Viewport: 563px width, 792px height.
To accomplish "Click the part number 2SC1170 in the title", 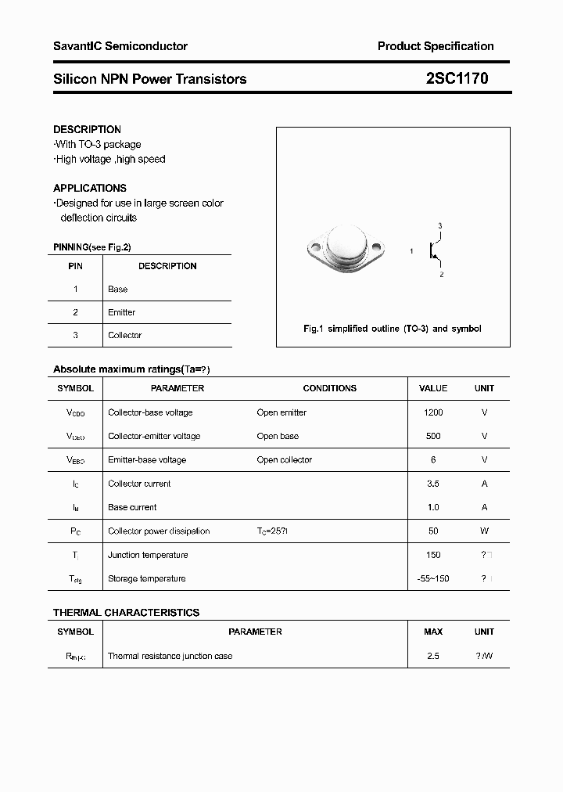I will point(457,78).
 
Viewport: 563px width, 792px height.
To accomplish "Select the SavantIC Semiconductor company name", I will point(120,46).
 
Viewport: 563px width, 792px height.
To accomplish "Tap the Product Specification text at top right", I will point(436,46).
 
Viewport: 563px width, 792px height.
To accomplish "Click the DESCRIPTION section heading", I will point(87,129).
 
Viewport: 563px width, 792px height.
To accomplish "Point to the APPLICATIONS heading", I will point(90,188).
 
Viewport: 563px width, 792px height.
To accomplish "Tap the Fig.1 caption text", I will point(393,329).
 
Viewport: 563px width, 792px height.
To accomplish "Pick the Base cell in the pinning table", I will point(118,289).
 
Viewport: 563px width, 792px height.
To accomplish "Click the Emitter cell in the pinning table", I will point(122,312).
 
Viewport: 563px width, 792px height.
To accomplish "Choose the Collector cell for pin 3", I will point(125,335).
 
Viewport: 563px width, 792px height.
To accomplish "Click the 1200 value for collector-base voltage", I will point(433,412).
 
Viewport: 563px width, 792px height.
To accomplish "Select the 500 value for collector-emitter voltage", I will point(433,436).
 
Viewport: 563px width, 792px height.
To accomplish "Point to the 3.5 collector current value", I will point(433,484).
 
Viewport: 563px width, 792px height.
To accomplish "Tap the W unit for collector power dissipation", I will point(484,531).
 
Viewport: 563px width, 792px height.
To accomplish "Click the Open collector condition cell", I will point(285,459).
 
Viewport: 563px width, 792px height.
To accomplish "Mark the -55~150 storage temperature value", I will point(433,578).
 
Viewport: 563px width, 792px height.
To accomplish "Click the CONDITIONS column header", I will point(330,388).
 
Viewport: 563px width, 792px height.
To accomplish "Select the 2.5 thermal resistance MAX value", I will point(433,656).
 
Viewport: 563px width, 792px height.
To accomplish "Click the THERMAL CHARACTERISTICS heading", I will point(126,613).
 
